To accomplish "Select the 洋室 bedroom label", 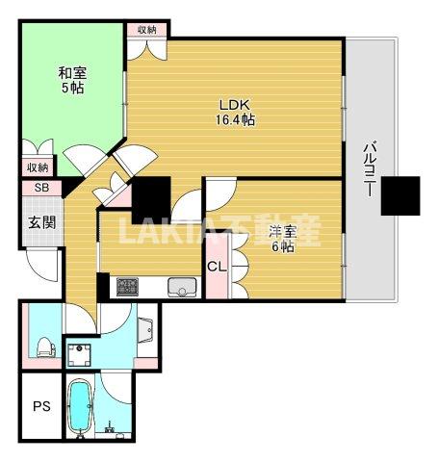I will [x=281, y=231].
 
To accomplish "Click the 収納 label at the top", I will [x=147, y=30].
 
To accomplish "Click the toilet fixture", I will [x=43, y=346].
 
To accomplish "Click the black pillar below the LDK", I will [x=150, y=198].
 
